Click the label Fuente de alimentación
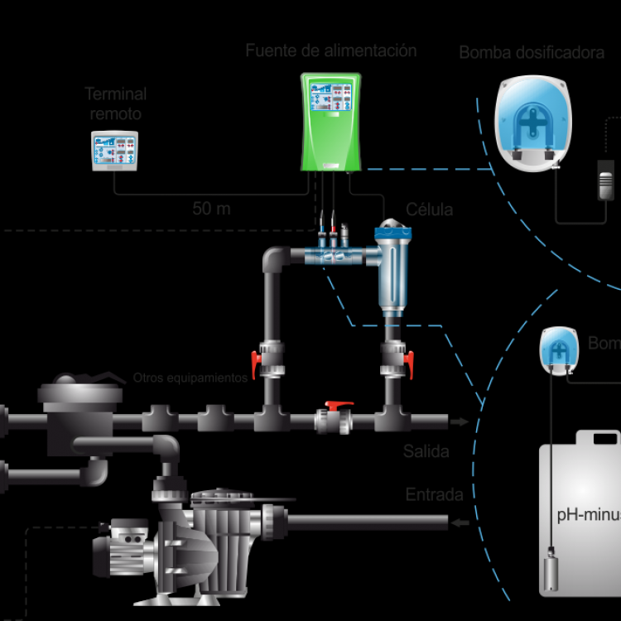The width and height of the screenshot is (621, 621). [331, 51]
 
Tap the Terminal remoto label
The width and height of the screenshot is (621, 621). [117, 103]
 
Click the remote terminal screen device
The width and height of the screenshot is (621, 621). [115, 151]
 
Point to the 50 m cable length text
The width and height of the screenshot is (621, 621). [211, 209]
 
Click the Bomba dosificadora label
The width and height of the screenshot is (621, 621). [532, 54]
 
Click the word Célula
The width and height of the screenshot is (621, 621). [430, 210]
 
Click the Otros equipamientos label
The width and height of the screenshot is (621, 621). [190, 378]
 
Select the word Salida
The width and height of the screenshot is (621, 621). [426, 452]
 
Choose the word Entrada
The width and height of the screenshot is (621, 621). [434, 495]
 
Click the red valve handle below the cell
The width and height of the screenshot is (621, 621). [409, 359]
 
